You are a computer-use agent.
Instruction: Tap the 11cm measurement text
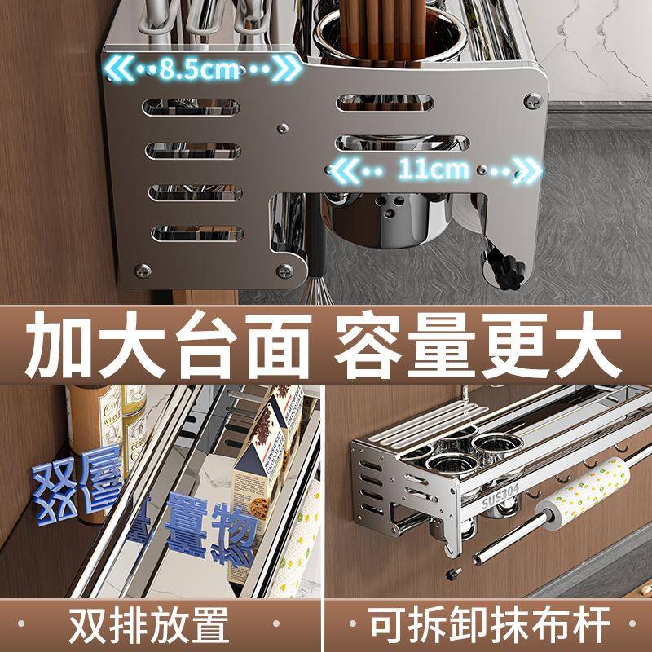click(433, 170)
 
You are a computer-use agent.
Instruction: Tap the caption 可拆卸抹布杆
click(489, 626)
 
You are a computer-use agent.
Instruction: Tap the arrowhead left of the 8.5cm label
click(117, 68)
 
